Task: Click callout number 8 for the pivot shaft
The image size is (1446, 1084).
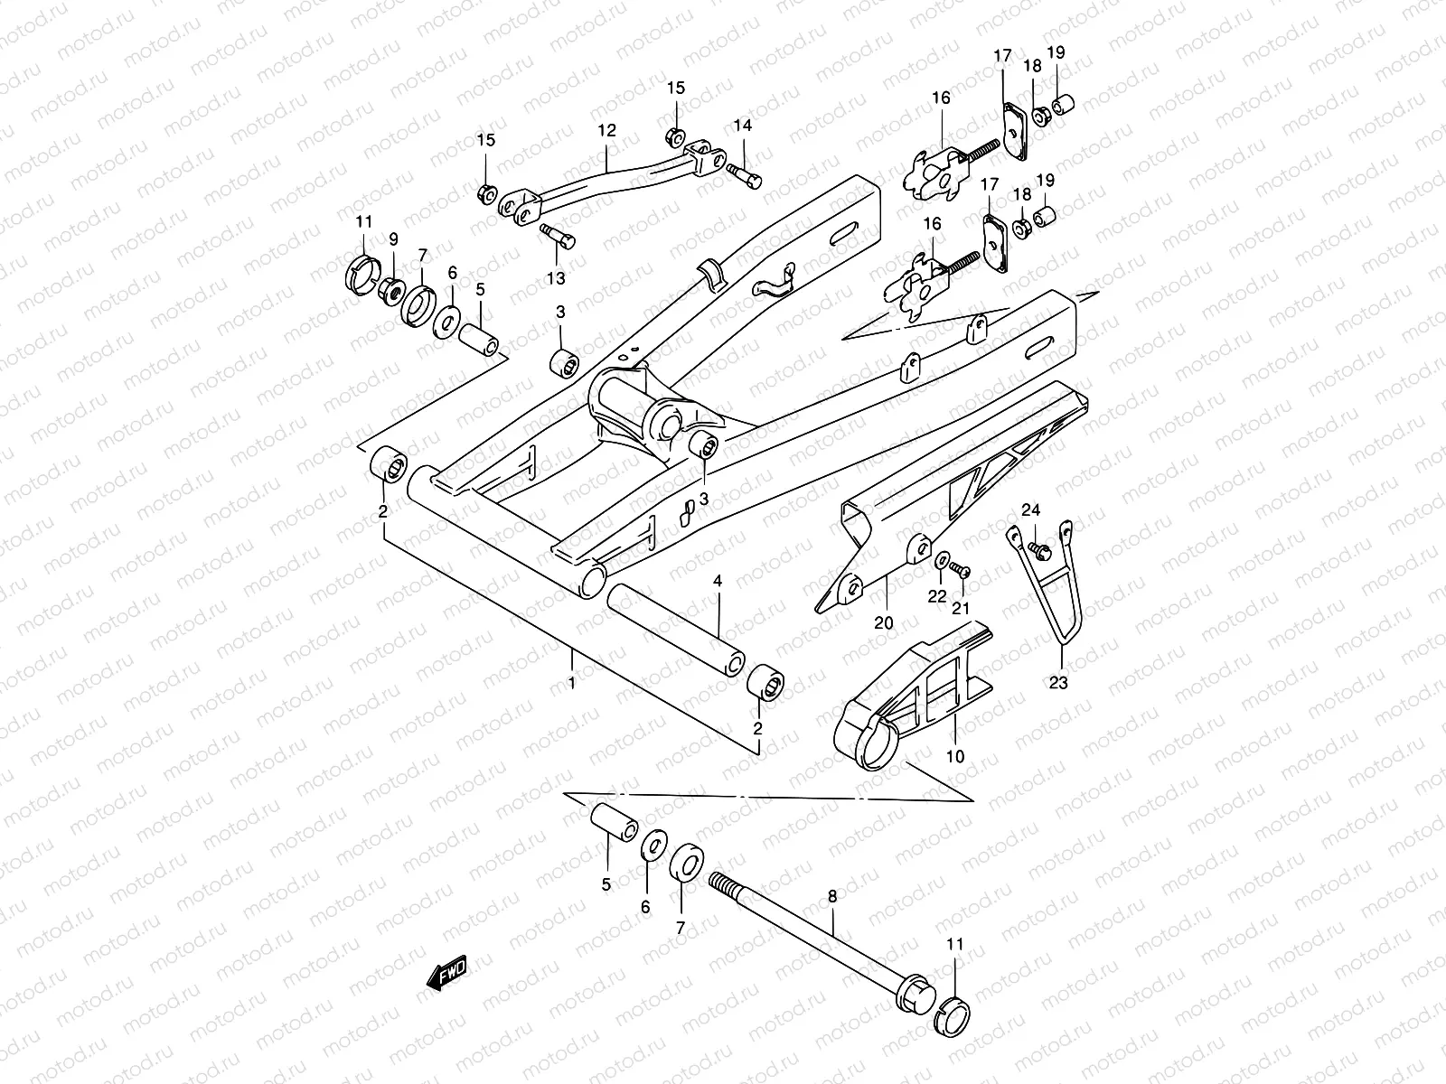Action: click(832, 895)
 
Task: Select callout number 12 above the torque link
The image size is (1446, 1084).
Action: click(606, 130)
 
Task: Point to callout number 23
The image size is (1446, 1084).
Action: click(1057, 683)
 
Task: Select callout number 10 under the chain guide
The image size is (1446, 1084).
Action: click(955, 755)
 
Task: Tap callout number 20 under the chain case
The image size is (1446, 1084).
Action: click(884, 622)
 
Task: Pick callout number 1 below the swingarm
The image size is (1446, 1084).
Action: click(571, 683)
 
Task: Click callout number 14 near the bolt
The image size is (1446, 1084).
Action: click(742, 125)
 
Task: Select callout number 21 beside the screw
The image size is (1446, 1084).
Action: click(961, 608)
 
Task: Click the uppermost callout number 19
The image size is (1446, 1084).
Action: click(1056, 52)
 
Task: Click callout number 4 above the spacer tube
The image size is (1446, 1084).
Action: click(718, 581)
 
